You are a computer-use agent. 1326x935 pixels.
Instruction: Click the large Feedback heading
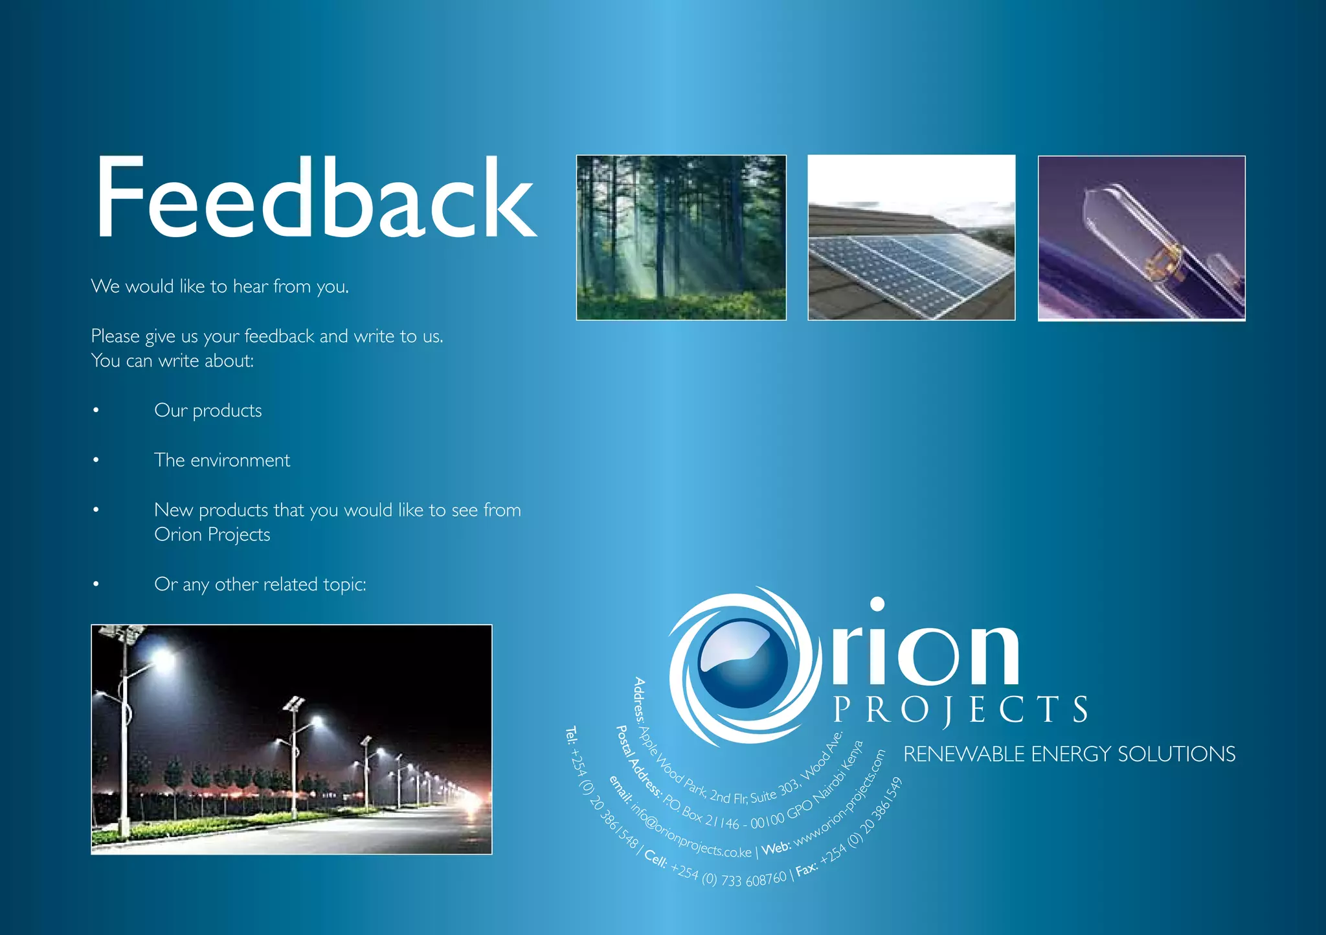315,198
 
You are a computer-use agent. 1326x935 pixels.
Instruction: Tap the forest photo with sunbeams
681,237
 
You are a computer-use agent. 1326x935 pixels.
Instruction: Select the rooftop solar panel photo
911,237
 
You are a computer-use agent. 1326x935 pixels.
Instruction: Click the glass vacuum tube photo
1141,238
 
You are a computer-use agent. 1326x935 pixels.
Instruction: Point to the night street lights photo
291,739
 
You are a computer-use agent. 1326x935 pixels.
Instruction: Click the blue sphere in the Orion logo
743,664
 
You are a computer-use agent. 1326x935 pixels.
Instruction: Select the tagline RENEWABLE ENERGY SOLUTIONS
1069,754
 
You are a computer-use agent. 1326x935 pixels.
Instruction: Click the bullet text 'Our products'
208,411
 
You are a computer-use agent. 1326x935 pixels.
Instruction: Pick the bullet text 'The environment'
222,461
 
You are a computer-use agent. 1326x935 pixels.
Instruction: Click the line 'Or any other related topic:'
260,584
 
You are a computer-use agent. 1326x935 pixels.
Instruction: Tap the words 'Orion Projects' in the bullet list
212,535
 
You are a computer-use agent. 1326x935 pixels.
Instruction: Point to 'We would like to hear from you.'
220,286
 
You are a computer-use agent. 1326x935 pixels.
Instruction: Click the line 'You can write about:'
172,361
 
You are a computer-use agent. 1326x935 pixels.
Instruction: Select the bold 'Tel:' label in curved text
571,735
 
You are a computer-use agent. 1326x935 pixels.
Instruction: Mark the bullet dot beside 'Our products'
96,411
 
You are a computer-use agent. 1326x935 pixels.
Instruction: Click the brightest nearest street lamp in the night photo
163,660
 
